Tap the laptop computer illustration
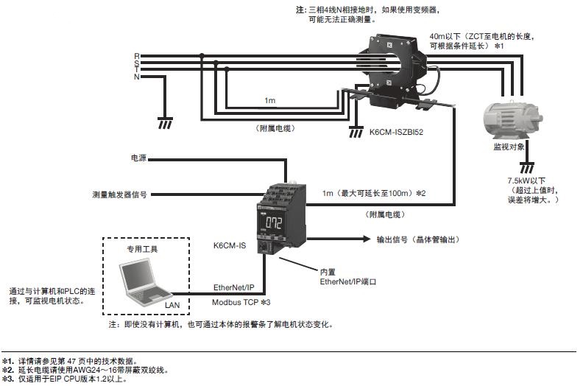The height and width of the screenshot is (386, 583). coord(144,283)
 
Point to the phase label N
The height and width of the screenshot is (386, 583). coord(136,77)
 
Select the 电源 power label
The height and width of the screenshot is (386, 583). coord(138,157)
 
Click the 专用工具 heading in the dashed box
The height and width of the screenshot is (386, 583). coord(143,249)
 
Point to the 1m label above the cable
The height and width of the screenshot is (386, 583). coord(271,100)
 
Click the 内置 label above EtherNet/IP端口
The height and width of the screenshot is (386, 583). coord(328,271)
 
